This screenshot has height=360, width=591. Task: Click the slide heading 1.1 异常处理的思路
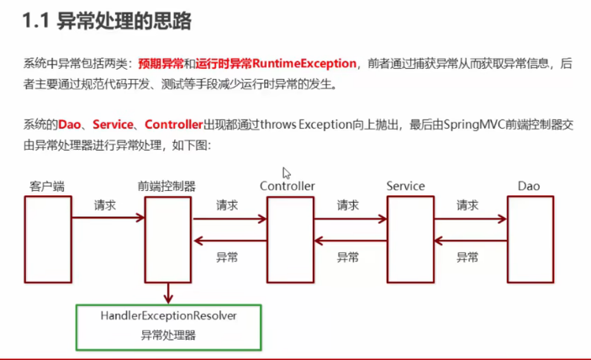point(107,21)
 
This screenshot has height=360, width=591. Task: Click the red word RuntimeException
point(304,63)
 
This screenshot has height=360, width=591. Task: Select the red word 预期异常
point(161,64)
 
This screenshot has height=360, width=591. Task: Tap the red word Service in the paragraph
point(113,124)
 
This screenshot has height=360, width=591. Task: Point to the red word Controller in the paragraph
point(174,124)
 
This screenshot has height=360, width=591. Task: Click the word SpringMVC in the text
point(474,124)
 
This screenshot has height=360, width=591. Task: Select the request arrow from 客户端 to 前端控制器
point(108,218)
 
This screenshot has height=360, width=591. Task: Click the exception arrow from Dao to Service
point(471,241)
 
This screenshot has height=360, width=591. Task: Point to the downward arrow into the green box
point(168,294)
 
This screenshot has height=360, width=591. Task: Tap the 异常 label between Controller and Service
point(348,257)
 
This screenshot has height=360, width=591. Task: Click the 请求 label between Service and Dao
point(467,205)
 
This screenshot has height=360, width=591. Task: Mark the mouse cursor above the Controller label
point(287,173)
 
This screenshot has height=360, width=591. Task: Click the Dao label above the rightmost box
point(529,186)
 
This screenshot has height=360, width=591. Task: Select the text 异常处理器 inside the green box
point(168,335)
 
